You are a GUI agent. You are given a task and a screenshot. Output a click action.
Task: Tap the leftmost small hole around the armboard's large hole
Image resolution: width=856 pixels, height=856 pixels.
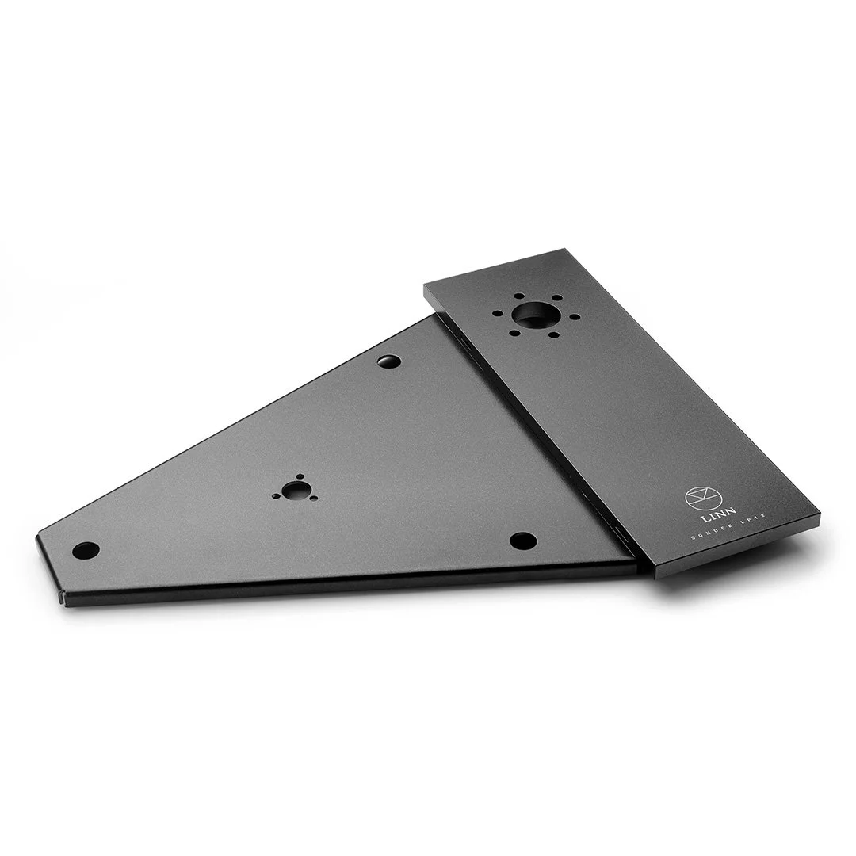pos(497,313)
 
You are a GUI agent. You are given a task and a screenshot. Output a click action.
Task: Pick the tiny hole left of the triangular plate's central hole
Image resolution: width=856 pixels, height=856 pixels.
pos(276,495)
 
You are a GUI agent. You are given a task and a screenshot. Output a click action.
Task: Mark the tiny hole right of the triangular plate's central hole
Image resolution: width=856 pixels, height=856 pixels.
pos(314,499)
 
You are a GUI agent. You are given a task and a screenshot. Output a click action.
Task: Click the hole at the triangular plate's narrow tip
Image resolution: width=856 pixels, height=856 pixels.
pos(86,548)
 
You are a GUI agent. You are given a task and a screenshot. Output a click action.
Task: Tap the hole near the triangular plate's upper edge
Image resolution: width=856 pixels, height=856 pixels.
pos(389,362)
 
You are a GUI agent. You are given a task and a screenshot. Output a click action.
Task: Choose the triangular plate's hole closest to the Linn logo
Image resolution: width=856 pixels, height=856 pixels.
pos(522,541)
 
